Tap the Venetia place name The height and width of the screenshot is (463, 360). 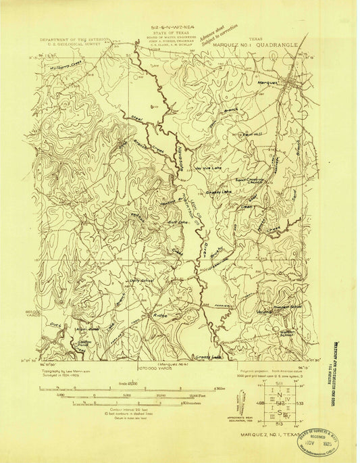click(263, 312)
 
